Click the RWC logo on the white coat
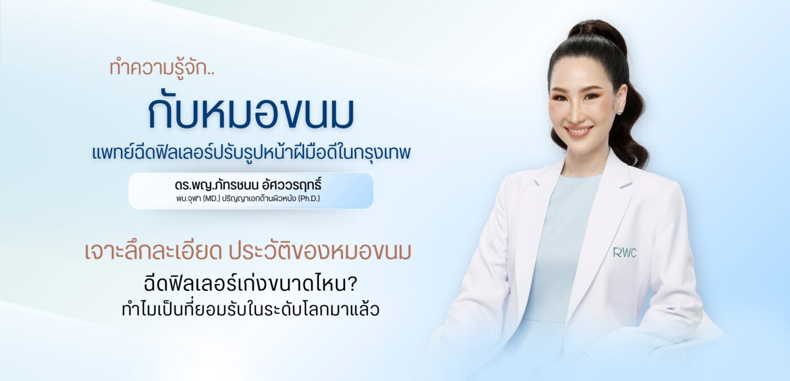click(625, 252)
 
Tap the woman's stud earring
click(620, 112)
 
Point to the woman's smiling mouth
click(579, 131)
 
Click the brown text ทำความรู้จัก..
click(157, 68)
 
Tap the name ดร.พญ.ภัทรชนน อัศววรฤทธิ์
click(248, 185)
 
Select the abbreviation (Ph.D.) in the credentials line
click(309, 198)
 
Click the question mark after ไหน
click(350, 285)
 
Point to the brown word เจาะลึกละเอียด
click(153, 252)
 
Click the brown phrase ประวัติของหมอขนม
click(320, 252)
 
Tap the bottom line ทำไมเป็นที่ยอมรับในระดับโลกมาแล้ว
click(251, 309)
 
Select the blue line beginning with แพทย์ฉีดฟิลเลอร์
click(251, 153)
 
